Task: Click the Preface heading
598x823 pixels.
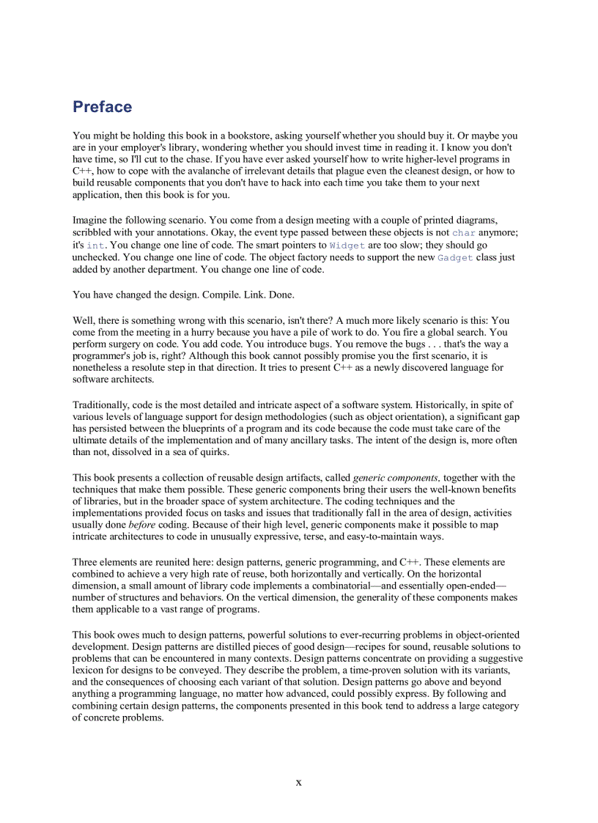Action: [x=102, y=107]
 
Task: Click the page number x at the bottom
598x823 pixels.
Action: [x=298, y=782]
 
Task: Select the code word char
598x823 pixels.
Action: [x=463, y=232]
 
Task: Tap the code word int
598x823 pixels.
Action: [x=95, y=245]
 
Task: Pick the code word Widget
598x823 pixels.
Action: [x=347, y=245]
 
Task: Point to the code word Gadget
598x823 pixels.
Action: [x=455, y=257]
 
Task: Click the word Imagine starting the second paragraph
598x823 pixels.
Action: [x=92, y=220]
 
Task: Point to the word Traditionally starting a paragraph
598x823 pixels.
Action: [x=102, y=405]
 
